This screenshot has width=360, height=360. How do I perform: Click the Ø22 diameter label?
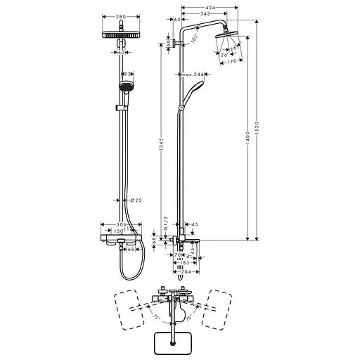[138, 200]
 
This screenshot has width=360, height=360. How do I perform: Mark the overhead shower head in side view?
[226, 37]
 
